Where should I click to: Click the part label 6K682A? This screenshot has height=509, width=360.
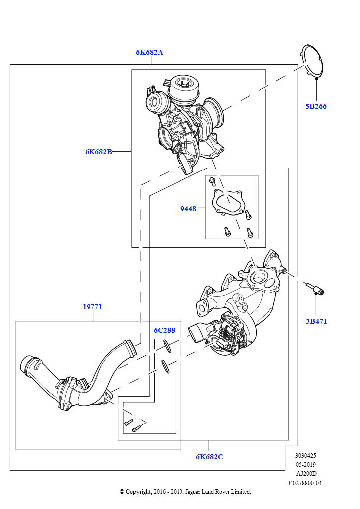149,52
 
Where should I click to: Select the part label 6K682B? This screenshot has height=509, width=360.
98,152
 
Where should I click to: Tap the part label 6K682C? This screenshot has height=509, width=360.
209,457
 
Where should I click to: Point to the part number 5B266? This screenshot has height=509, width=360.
316,106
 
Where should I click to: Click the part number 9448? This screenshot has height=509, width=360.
188,209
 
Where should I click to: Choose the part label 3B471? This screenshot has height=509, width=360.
316,321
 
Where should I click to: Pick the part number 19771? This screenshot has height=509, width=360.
92,307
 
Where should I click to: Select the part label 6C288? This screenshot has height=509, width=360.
164,330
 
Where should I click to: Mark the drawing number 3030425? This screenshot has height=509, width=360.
305,455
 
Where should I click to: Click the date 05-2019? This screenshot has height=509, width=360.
305,465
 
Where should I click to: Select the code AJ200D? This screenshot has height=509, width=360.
305,474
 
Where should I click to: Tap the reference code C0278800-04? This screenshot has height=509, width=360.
305,483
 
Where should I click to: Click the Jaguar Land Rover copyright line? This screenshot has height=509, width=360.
185,492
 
